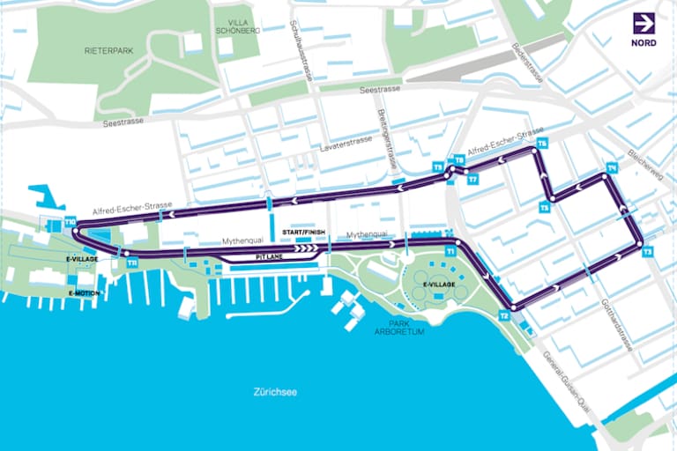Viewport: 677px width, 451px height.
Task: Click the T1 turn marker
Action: [x=450, y=251]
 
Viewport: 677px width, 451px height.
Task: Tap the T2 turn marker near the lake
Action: [x=504, y=315]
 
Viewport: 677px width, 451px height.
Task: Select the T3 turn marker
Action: [x=648, y=252]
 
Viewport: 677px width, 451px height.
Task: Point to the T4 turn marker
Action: [x=611, y=167]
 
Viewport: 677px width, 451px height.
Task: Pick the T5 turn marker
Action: [x=545, y=208]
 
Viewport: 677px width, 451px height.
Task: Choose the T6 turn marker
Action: [x=541, y=143]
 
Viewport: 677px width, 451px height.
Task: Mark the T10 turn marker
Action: [x=70, y=223]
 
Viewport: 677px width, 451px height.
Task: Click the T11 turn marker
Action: [x=131, y=262]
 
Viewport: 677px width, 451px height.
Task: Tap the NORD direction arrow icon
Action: [x=644, y=24]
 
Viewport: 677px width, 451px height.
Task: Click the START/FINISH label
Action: [x=303, y=232]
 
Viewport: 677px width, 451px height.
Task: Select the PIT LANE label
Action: [x=270, y=257]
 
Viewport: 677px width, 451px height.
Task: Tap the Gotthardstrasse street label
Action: [x=616, y=325]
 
